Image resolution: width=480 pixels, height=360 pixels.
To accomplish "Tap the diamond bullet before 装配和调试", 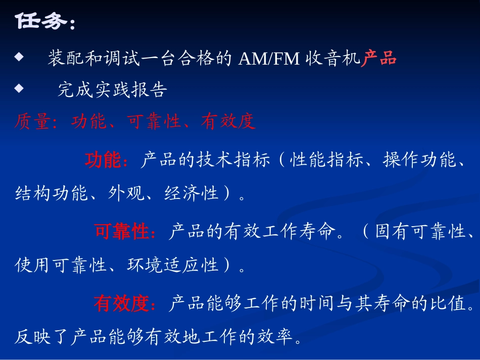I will click(19, 58).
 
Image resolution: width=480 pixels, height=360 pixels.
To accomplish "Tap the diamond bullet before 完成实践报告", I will click(19, 88).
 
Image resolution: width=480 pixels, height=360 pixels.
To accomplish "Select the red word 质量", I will click(31, 122).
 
